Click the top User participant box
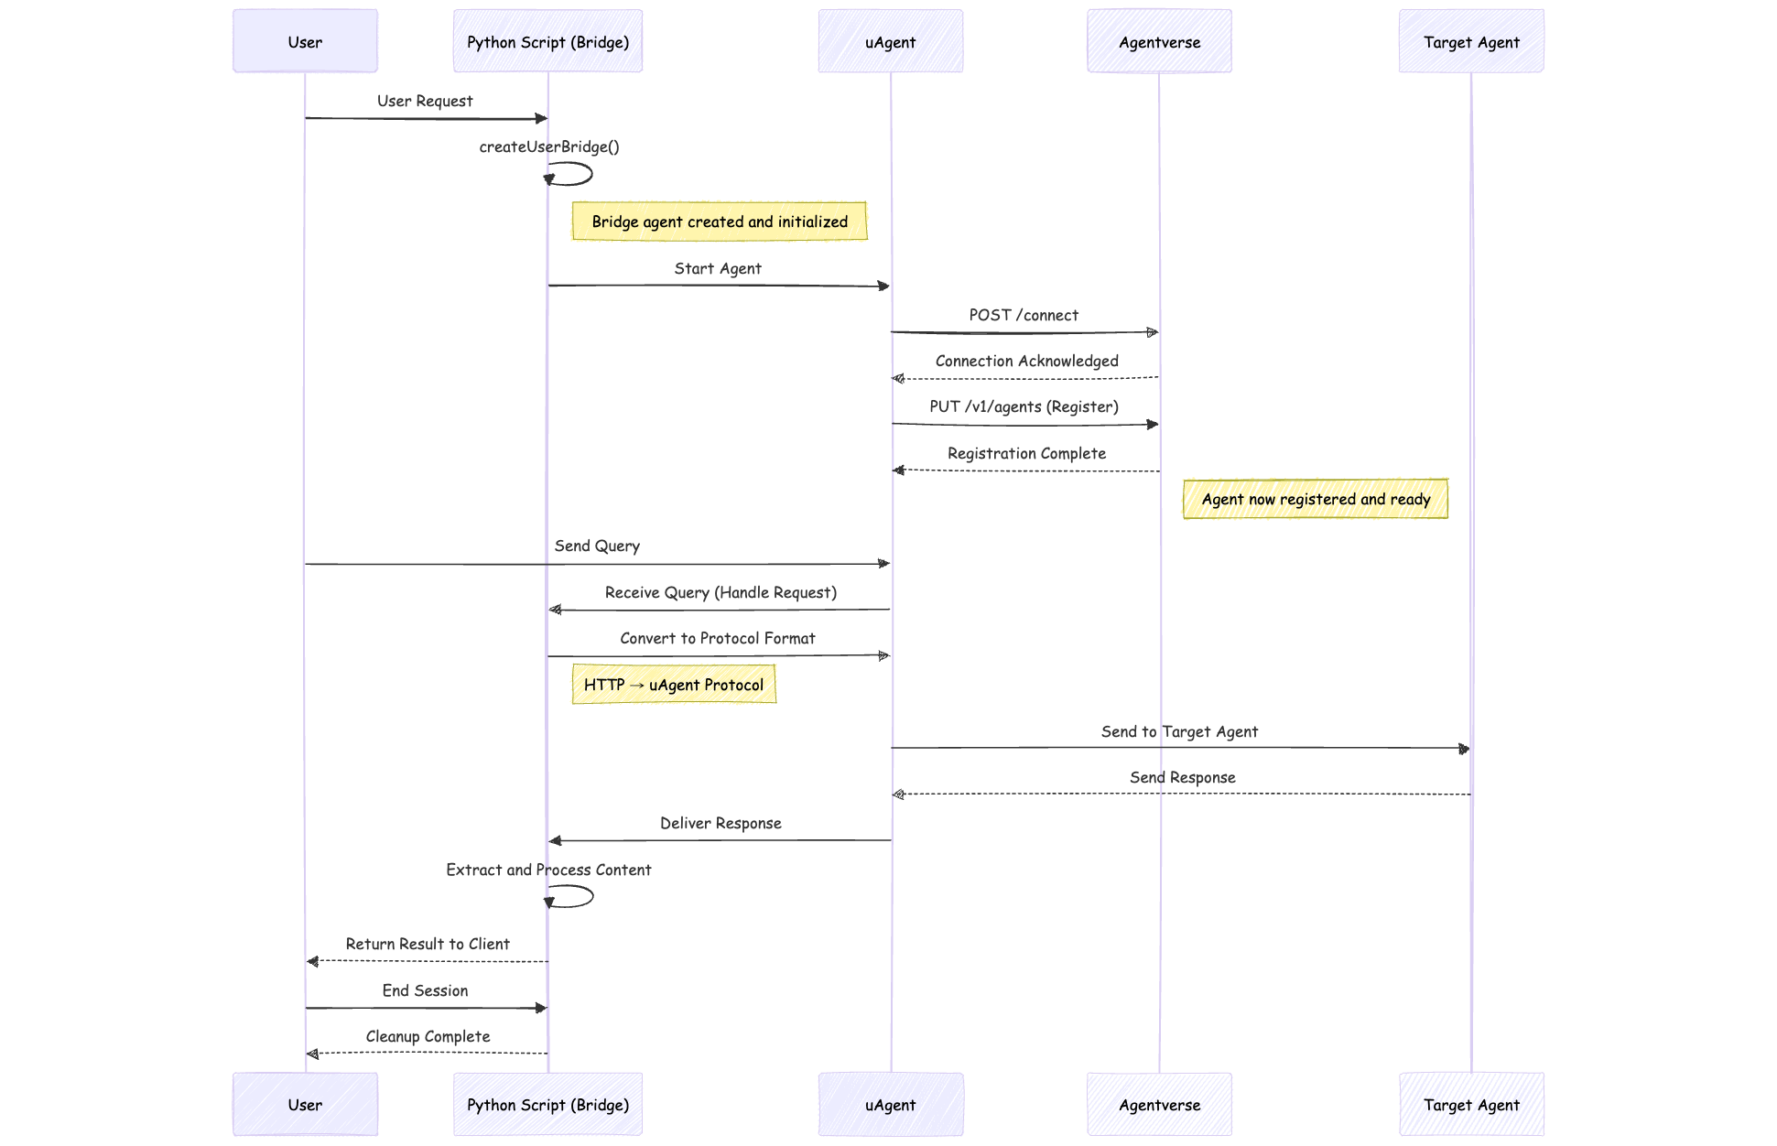coord(305,41)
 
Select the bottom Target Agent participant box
coord(1470,1104)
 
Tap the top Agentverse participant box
coord(1159,41)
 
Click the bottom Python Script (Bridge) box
coord(547,1104)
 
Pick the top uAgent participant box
coord(890,41)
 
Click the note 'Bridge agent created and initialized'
coord(720,222)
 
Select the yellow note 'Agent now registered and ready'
coord(1315,499)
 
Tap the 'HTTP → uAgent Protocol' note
coord(674,685)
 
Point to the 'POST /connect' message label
coord(1024,315)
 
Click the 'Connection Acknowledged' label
coord(1026,361)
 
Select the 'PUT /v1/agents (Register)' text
coord(1024,406)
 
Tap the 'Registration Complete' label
coord(1026,453)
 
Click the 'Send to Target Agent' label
coord(1179,731)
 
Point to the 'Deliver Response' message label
coord(721,823)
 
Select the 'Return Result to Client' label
coord(428,944)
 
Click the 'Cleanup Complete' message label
coord(428,1036)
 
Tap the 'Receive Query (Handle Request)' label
coord(721,592)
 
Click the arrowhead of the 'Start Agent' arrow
coord(883,286)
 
